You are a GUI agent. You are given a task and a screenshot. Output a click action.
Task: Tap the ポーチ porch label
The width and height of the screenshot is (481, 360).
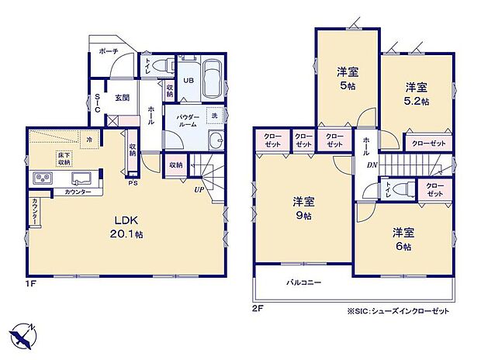(108, 51)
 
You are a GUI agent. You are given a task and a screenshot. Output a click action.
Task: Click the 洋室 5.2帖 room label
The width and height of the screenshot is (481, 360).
(416, 93)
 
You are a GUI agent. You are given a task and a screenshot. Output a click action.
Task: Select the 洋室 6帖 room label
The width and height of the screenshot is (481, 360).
(401, 238)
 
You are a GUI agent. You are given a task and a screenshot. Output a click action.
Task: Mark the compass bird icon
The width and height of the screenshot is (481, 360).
(23, 335)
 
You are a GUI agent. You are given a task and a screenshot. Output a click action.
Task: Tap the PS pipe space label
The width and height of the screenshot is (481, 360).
(133, 185)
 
